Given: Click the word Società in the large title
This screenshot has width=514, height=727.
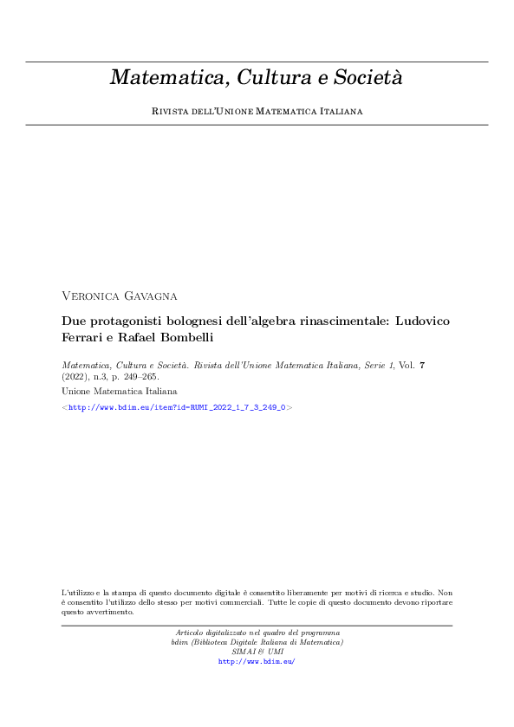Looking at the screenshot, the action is tap(368, 78).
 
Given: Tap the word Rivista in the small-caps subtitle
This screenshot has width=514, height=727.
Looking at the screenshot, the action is tap(172, 112).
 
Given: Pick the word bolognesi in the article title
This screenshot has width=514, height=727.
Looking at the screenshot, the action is tap(196, 321).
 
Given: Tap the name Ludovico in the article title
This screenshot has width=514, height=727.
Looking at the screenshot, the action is tap(423, 321).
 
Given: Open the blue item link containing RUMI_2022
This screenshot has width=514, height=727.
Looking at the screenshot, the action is tap(177, 406).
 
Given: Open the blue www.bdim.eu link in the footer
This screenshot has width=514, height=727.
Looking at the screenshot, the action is tap(257, 661).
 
